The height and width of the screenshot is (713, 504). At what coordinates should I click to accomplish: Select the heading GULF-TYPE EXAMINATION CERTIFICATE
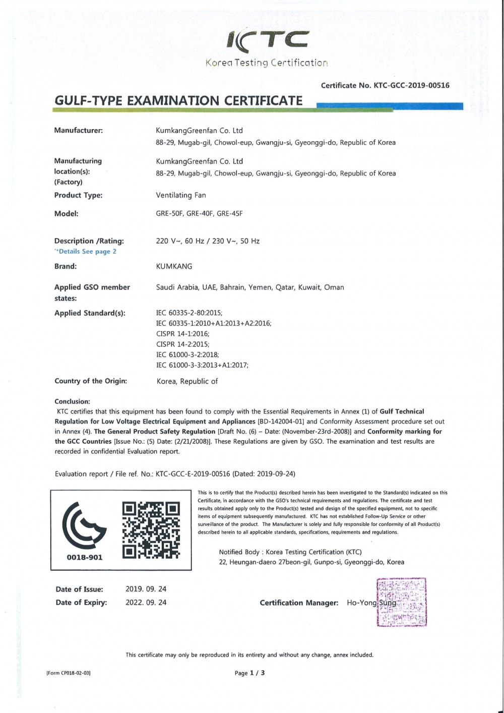pyautogui.click(x=178, y=100)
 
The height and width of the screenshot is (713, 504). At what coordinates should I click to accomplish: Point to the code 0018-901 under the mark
pyautogui.click(x=85, y=557)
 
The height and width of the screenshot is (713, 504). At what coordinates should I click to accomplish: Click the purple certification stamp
pyautogui.click(x=402, y=602)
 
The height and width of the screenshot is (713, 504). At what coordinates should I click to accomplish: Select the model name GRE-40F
pyautogui.click(x=200, y=213)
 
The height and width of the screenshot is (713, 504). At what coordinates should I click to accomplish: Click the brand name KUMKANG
pyautogui.click(x=174, y=266)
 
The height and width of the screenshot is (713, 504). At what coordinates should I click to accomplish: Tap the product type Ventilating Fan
pyautogui.click(x=181, y=195)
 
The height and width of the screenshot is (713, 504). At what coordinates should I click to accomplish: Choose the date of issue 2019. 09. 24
pyautogui.click(x=146, y=589)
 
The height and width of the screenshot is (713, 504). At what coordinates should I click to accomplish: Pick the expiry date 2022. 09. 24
pyautogui.click(x=146, y=602)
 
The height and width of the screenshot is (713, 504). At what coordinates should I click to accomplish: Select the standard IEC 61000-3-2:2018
pyautogui.click(x=187, y=354)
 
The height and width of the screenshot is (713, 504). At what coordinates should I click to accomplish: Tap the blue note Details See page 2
pyautogui.click(x=86, y=251)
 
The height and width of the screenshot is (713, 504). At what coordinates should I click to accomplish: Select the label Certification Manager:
pyautogui.click(x=299, y=603)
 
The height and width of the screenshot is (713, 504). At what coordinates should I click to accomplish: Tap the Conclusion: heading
pyautogui.click(x=72, y=402)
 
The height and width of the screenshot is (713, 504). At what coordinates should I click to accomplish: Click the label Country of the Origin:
pyautogui.click(x=91, y=381)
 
